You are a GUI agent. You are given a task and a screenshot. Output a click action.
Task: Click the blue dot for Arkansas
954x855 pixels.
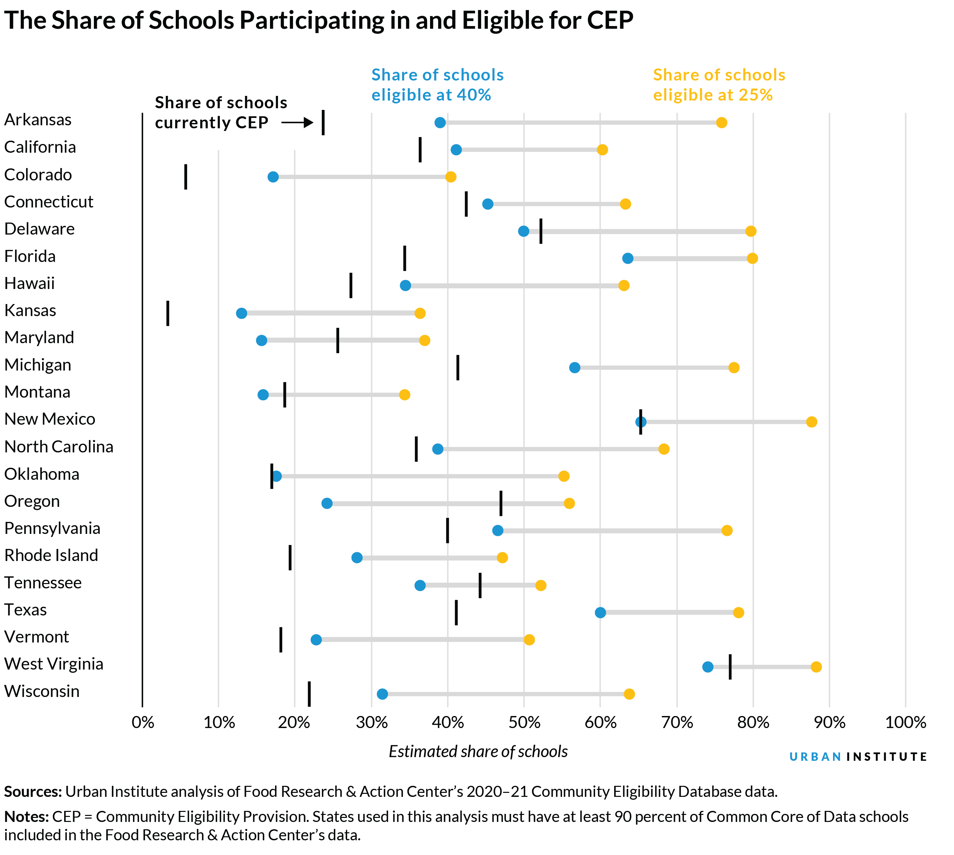(x=440, y=123)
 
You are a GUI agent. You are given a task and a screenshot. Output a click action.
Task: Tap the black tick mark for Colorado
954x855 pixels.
(x=185, y=177)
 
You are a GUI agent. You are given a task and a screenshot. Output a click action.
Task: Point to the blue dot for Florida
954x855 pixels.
(x=628, y=258)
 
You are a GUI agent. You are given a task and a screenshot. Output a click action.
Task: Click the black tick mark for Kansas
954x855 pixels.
(x=168, y=313)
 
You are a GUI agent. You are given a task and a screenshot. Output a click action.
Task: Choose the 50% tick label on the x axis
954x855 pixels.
(x=524, y=722)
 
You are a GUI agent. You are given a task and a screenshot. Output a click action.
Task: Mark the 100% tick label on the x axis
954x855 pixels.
(x=905, y=722)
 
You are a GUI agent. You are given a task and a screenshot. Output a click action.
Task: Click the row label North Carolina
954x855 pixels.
(x=59, y=446)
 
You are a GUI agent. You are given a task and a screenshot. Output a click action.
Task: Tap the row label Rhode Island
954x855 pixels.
(x=51, y=555)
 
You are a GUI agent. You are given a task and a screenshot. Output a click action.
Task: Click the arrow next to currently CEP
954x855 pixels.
(x=297, y=123)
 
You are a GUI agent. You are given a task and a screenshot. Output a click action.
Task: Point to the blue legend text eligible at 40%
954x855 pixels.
(x=431, y=95)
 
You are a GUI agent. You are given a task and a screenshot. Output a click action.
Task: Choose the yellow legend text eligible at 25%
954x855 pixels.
(x=712, y=95)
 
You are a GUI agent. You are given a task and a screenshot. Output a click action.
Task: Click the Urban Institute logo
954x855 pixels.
(x=857, y=756)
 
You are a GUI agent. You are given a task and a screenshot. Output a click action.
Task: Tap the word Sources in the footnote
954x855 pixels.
(x=33, y=792)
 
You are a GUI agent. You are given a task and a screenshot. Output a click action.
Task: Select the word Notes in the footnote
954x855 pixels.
(x=26, y=817)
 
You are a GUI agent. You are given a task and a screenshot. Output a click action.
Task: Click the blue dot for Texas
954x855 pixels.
(x=600, y=612)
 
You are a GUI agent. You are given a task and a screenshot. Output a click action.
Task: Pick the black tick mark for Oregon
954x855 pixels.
(x=501, y=503)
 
